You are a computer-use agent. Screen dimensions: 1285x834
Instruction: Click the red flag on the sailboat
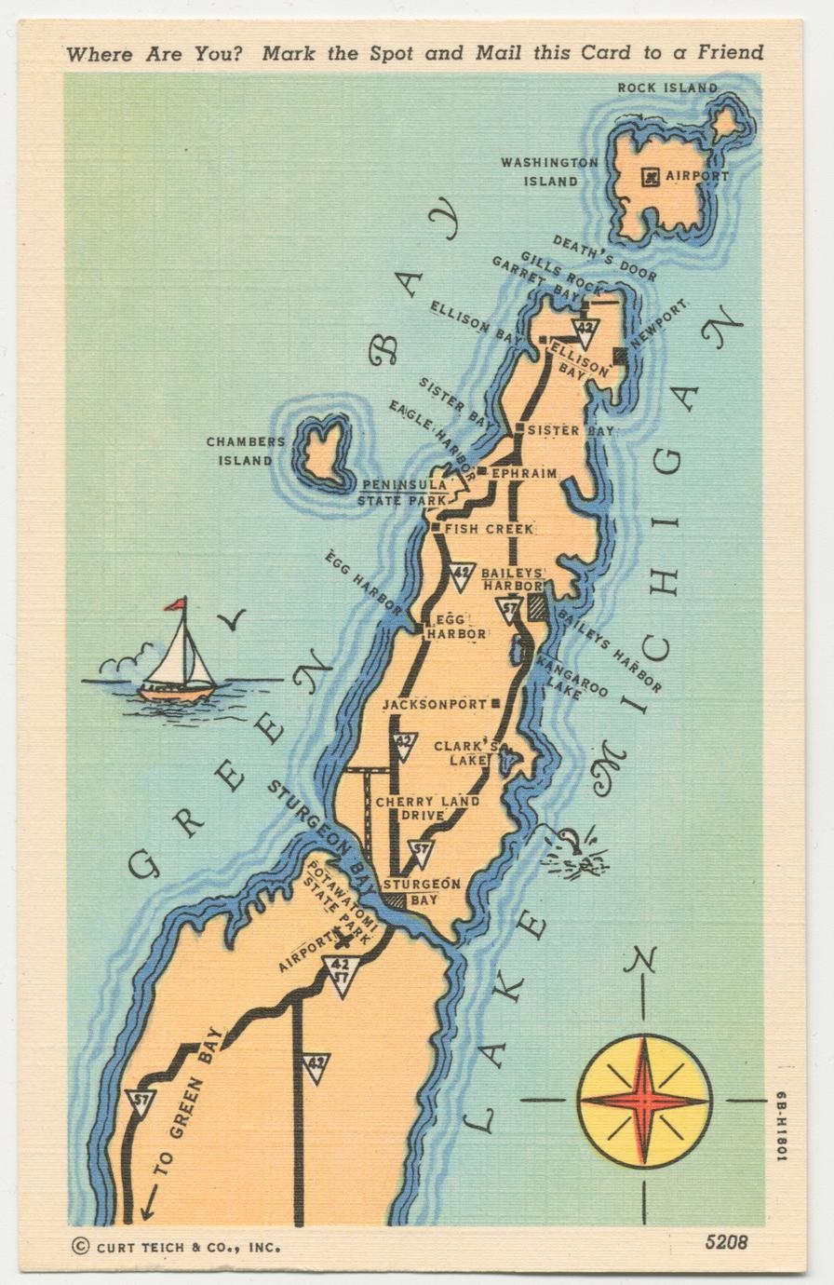pos(175,604)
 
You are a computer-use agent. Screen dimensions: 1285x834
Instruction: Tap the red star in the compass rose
pos(644,1100)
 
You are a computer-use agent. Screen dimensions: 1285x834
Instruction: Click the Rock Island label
pos(667,88)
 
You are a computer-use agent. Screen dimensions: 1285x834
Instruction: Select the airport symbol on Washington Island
pos(651,175)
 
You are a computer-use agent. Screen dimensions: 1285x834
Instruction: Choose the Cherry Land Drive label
pos(427,808)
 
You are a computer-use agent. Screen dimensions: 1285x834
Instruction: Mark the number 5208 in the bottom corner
pos(726,1241)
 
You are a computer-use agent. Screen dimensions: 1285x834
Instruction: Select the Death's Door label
pos(604,258)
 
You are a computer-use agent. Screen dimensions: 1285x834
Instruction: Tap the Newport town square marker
pos(621,355)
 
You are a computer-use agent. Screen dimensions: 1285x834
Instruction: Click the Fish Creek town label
pos(489,529)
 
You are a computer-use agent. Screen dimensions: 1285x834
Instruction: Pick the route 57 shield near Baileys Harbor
pos(507,612)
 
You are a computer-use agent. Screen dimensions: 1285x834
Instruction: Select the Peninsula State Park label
pos(405,493)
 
